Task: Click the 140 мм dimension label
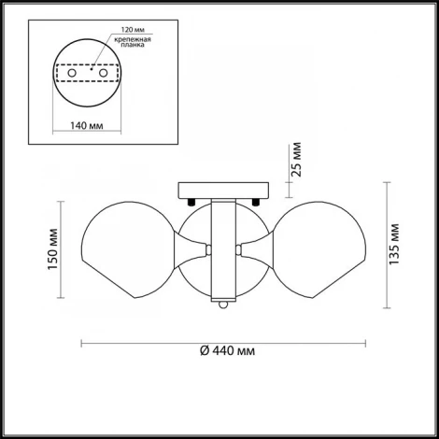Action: [x=87, y=126]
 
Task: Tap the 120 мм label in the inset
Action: [x=133, y=30]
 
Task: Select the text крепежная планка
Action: [x=133, y=42]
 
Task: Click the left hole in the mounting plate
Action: [x=72, y=73]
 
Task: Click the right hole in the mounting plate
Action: [x=103, y=73]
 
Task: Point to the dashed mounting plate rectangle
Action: [x=87, y=64]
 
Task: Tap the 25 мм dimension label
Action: [x=297, y=160]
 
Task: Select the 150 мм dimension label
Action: [x=53, y=249]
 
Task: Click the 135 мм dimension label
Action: [x=394, y=245]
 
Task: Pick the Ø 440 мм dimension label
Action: [x=227, y=351]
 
